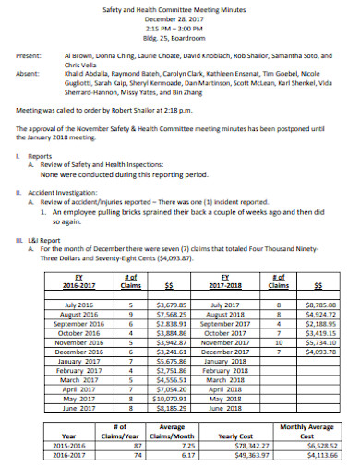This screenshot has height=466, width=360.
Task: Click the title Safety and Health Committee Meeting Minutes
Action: [179, 7]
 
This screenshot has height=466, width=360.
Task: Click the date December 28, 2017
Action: [179, 18]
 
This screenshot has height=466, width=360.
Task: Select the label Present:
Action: [29, 56]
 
